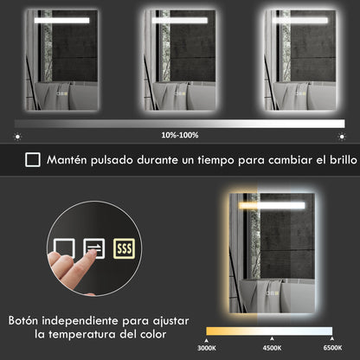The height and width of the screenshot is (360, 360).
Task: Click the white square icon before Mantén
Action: coord(32,159)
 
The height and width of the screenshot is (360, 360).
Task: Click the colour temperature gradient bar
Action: coord(269,331)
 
